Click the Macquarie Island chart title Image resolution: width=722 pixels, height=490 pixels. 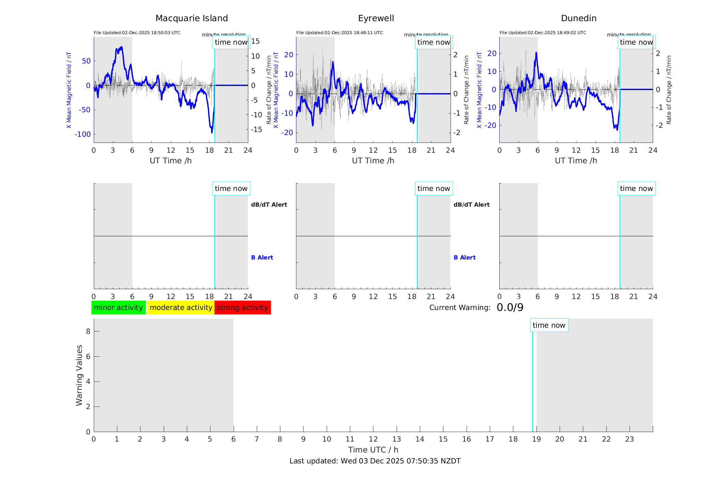(191, 18)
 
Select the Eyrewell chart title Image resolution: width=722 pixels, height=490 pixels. (376, 18)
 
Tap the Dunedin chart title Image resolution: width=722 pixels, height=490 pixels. (578, 18)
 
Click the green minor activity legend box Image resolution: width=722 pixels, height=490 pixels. (118, 308)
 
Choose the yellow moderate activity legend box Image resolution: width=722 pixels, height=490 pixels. (181, 308)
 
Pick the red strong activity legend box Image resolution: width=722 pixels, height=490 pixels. (242, 308)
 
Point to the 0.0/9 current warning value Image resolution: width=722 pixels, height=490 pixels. (510, 308)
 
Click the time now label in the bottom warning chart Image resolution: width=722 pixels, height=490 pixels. (549, 325)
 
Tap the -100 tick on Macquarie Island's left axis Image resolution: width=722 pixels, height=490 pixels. (83, 134)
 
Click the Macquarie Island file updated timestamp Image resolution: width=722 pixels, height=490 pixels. (137, 33)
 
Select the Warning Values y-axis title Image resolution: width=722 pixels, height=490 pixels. (79, 375)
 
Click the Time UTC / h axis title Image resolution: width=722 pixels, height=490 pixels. (373, 450)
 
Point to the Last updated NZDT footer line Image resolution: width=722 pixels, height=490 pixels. (375, 461)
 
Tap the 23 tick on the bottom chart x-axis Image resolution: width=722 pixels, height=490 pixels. (629, 439)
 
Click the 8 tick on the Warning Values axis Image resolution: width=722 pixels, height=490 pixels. (88, 331)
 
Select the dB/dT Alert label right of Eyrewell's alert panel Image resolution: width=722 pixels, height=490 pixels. (471, 205)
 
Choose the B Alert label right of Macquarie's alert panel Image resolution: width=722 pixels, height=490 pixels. (262, 257)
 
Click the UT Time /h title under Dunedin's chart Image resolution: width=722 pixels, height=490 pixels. (576, 161)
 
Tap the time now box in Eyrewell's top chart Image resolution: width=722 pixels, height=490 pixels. (433, 42)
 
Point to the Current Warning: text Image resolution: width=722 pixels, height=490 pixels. (460, 308)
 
